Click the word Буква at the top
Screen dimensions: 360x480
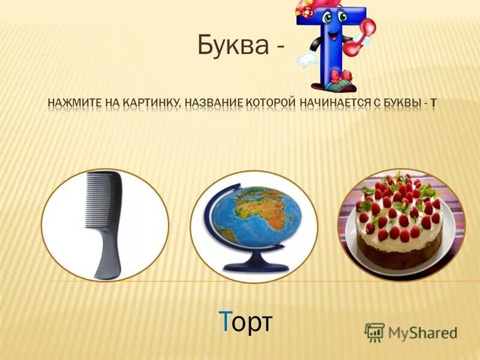232,45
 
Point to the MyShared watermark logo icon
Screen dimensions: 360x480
374,331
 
